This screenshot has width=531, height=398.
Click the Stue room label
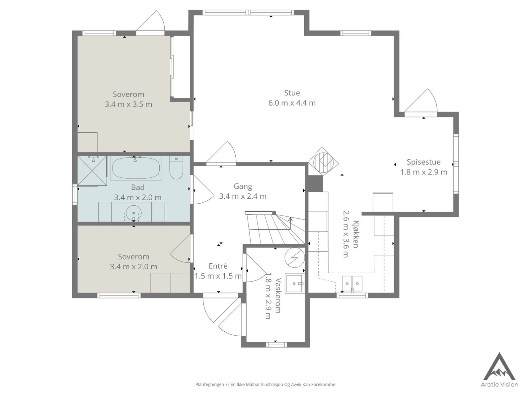pyautogui.click(x=292, y=93)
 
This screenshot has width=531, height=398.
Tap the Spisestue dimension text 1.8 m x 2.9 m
pyautogui.click(x=423, y=172)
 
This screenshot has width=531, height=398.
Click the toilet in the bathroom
pyautogui.click(x=176, y=167)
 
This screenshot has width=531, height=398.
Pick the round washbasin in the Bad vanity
pyautogui.click(x=134, y=213)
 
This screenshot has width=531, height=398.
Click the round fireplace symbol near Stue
pyautogui.click(x=323, y=162)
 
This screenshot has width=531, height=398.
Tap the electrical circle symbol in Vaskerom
pyautogui.click(x=294, y=257)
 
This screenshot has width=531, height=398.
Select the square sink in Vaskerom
pyautogui.click(x=293, y=283)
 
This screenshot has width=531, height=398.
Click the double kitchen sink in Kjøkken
pyautogui.click(x=352, y=284)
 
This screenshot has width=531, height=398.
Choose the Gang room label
pyautogui.click(x=243, y=186)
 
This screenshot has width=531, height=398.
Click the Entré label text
pyautogui.click(x=218, y=266)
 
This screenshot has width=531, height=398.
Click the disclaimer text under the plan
pyautogui.click(x=265, y=384)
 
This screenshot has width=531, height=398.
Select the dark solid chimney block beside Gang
pyautogui.click(x=316, y=184)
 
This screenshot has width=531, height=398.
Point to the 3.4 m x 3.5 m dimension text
pyautogui.click(x=128, y=104)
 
